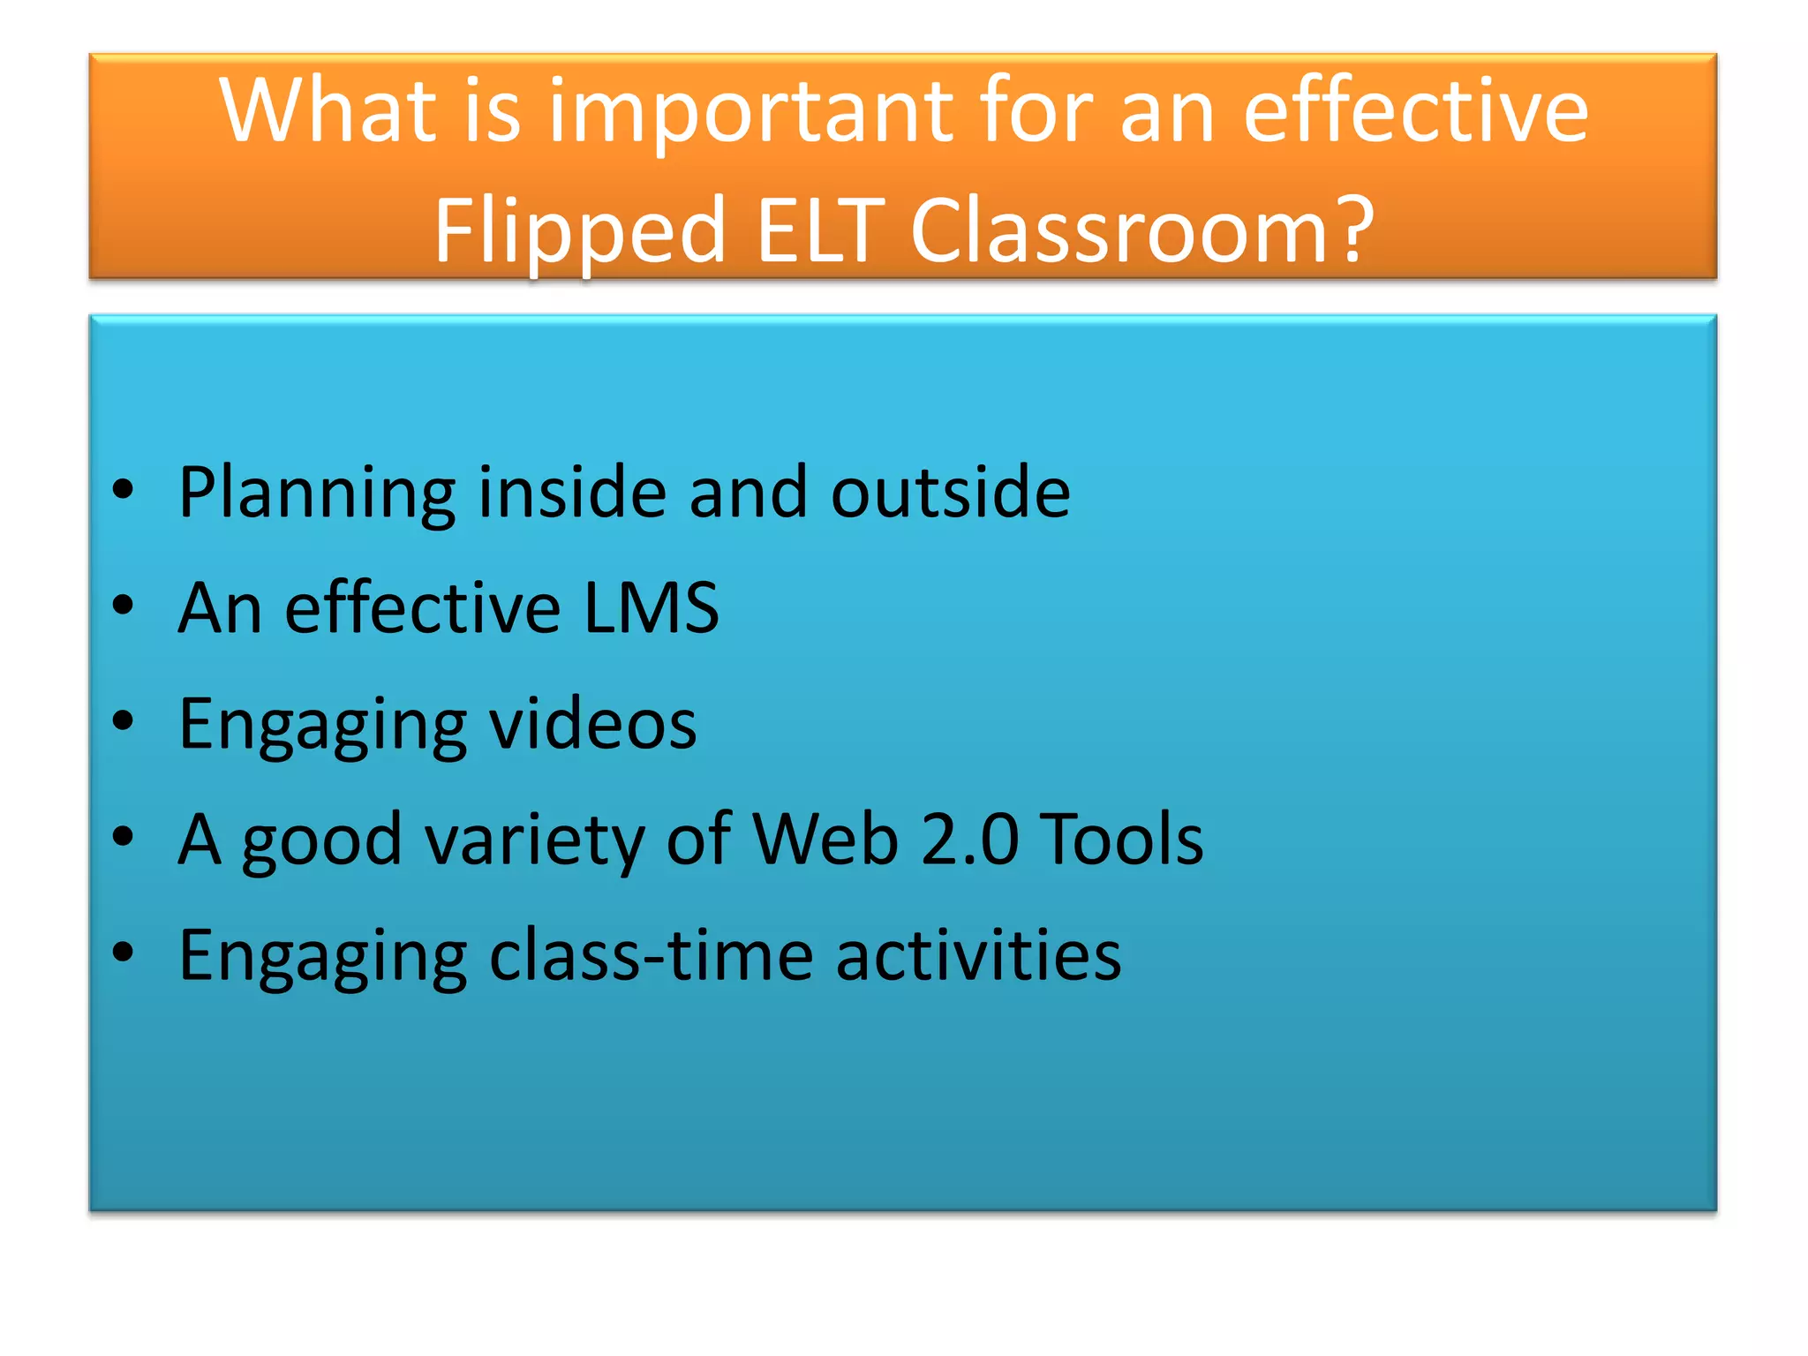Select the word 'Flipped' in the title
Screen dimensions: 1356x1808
click(x=579, y=231)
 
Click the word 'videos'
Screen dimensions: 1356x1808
click(x=592, y=723)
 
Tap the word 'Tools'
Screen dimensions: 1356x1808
click(x=1121, y=839)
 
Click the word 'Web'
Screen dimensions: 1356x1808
click(x=825, y=839)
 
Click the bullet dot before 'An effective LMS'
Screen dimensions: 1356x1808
click(x=124, y=606)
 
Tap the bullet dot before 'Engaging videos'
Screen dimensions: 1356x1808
click(x=124, y=721)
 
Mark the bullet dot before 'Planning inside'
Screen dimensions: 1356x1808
click(x=124, y=489)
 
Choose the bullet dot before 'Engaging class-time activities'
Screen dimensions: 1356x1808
click(x=124, y=953)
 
